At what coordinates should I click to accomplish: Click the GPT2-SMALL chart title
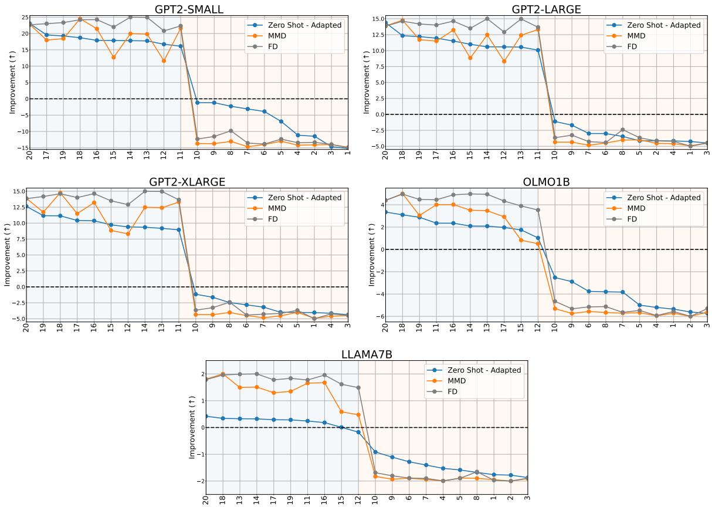click(189, 9)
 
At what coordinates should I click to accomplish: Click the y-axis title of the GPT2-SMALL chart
click(12, 82)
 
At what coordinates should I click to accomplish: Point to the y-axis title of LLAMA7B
click(192, 427)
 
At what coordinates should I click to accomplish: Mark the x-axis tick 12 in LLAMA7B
click(358, 499)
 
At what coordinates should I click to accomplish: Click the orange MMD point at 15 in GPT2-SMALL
click(114, 58)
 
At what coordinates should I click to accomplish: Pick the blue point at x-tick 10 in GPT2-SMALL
click(198, 103)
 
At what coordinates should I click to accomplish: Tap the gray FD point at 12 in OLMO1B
click(538, 210)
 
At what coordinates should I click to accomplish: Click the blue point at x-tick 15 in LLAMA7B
click(342, 427)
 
